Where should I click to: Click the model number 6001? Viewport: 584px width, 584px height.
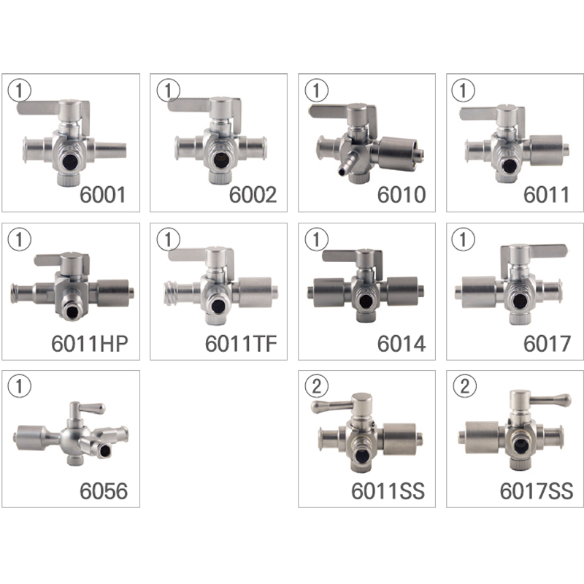point(103,195)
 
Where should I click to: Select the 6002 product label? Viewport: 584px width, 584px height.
point(253,195)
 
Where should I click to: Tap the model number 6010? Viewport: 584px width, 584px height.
point(401,195)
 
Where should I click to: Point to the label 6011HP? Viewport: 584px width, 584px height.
point(90,344)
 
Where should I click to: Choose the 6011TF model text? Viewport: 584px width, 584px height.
point(242,344)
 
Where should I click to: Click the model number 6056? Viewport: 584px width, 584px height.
point(104,491)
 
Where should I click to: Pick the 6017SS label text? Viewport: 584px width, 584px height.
point(537,491)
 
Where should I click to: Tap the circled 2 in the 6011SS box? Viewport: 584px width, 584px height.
point(317,386)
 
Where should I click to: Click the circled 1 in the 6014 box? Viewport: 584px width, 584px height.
point(317,239)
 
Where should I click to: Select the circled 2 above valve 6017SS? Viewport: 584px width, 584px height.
point(464,386)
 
